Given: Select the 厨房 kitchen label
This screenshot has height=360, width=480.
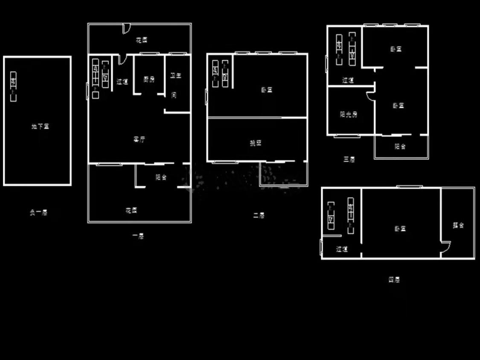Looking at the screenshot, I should point(149,79).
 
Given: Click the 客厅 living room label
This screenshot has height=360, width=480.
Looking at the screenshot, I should point(140,139).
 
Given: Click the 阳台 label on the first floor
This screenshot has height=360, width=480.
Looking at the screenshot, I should point(161,177).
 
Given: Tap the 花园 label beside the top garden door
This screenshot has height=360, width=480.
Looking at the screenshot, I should point(142,41).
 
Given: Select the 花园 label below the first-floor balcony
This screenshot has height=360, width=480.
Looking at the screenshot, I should point(131,210).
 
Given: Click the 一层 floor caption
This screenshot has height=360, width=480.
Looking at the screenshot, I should point(138,236).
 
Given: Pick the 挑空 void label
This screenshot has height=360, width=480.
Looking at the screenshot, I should point(256,143).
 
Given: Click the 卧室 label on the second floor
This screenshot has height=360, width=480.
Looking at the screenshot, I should point(267,90).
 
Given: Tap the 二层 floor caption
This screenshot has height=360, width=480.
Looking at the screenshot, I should point(259,216).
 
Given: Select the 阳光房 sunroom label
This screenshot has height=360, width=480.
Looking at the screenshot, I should point(349,114).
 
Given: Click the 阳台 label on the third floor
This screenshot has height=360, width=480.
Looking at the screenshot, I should point(400,147).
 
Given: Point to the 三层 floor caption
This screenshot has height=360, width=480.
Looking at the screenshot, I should point(349,160).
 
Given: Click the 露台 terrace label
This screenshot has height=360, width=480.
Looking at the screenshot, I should point(458,226).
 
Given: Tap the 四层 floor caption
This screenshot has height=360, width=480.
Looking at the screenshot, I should point(394,280).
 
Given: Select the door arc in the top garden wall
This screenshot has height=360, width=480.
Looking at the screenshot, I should point(126,28).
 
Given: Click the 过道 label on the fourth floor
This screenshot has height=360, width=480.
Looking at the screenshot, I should point(342,250).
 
